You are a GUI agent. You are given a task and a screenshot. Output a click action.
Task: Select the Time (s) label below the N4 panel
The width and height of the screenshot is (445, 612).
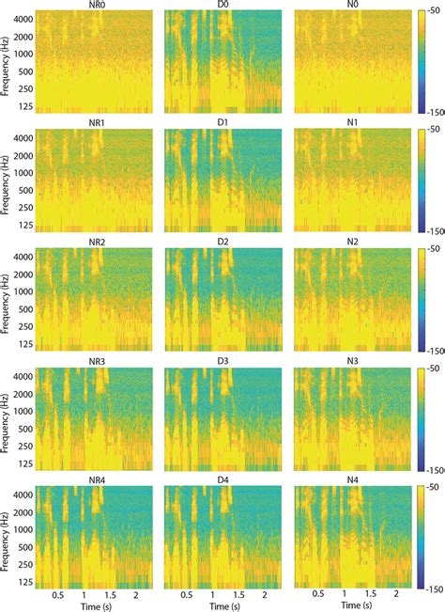[352, 607]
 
